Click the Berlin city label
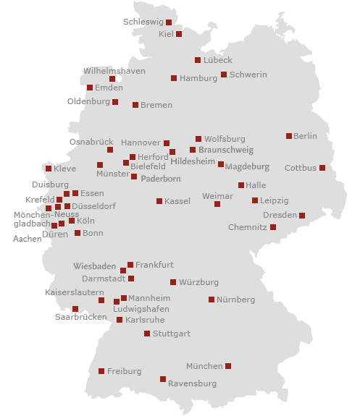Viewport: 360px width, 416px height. click(306, 136)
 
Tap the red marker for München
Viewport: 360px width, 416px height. click(228, 366)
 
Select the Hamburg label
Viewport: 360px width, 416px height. click(198, 78)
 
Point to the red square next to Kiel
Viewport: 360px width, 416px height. click(179, 34)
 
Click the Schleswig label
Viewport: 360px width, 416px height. click(143, 22)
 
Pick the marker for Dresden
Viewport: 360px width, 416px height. click(302, 216)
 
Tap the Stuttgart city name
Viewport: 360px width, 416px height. click(172, 334)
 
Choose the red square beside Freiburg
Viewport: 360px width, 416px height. click(101, 371)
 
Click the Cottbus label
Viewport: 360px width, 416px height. click(301, 168)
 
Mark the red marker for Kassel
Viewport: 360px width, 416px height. click(159, 201)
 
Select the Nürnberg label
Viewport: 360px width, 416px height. click(236, 300)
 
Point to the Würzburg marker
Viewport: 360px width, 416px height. click(173, 282)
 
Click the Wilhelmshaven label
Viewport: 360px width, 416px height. click(114, 71)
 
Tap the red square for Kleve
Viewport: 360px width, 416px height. click(49, 169)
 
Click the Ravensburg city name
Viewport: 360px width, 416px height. click(192, 383)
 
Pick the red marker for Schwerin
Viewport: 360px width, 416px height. click(224, 75)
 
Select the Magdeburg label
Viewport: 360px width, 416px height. click(247, 166)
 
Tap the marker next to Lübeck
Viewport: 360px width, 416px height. click(198, 60)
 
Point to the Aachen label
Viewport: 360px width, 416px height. click(28, 238)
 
